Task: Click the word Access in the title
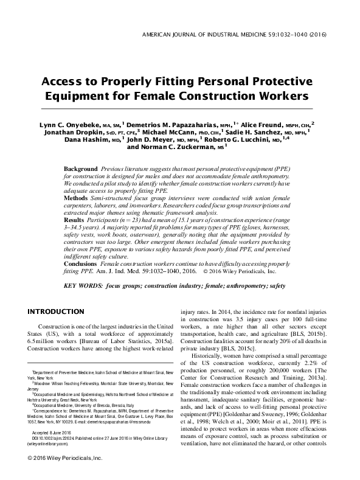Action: pyautogui.click(x=64, y=82)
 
